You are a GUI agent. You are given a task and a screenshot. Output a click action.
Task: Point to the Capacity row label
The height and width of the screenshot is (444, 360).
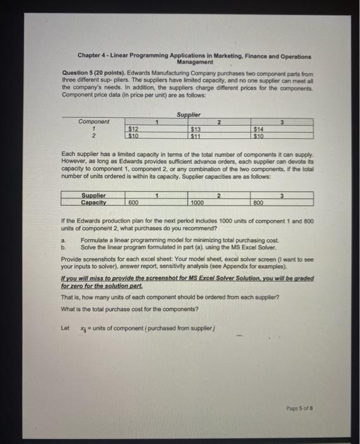(x=94, y=202)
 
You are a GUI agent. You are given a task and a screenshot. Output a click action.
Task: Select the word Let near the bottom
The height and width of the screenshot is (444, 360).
(x=64, y=328)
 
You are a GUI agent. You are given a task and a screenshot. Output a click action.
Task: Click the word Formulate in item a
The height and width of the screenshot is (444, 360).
(x=93, y=240)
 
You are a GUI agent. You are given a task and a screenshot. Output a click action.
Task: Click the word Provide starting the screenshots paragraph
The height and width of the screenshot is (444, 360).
(x=71, y=259)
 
